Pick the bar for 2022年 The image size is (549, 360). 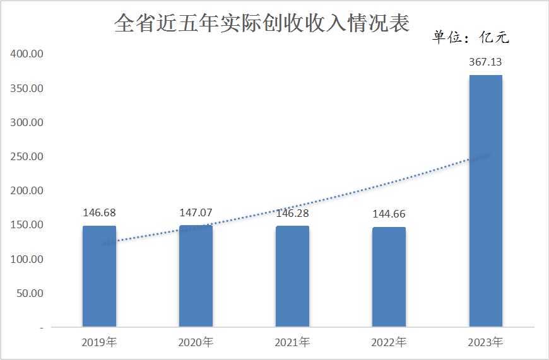[389, 277]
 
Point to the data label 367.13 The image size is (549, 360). [485, 62]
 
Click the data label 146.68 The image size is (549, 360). [99, 212]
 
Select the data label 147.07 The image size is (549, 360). [196, 212]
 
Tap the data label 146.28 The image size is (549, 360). [292, 213]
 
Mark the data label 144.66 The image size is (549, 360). [389, 214]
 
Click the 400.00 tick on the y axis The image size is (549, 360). [27, 54]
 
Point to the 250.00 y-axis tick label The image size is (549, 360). [27, 156]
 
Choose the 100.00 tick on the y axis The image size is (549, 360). [27, 259]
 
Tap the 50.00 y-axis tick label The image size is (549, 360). [29, 293]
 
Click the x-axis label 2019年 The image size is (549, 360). [99, 343]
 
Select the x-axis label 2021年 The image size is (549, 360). [292, 343]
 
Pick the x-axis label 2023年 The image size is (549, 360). [485, 343]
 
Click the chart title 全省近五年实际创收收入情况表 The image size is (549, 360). [262, 23]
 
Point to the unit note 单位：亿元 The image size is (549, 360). [471, 37]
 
